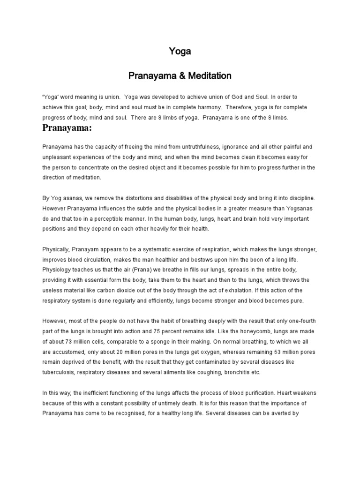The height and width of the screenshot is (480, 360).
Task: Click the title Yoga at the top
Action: [x=180, y=52]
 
